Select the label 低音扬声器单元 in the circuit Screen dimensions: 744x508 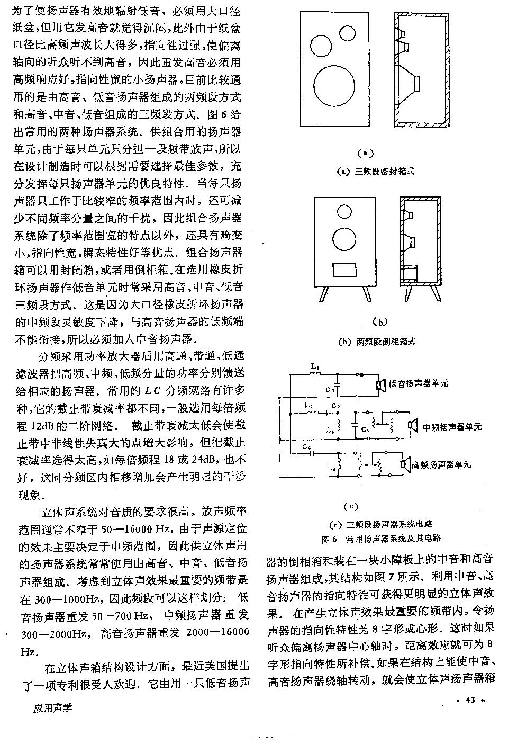(418, 383)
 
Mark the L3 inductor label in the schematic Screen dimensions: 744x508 (331, 431)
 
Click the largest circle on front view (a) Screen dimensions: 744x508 (334, 87)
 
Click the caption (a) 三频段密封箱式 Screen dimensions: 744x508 (376, 171)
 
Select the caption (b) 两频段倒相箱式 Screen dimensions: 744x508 (376, 342)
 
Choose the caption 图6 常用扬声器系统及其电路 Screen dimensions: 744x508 (381, 539)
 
